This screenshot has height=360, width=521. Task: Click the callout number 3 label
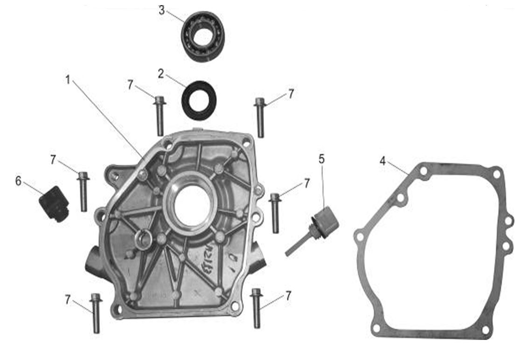coord(162,10)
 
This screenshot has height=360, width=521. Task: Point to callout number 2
coord(161,74)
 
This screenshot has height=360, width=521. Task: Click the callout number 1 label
coord(68,80)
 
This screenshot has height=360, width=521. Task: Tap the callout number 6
coord(18,181)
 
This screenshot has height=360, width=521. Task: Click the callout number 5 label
coord(322,159)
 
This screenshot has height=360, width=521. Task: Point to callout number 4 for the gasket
coord(382,161)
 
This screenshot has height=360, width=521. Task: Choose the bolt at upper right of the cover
coord(260,117)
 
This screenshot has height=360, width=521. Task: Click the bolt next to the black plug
coord(83,191)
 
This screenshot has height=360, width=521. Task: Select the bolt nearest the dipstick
coord(275,213)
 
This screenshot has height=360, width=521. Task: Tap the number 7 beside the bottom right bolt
coord(288,295)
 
